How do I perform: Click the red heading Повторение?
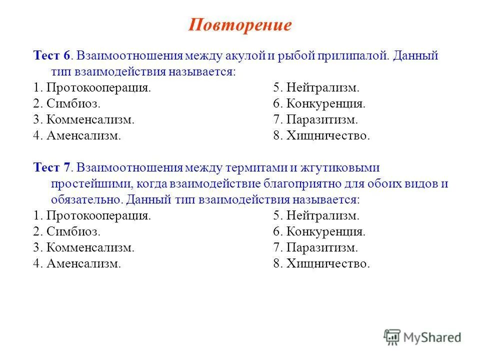[x=239, y=25]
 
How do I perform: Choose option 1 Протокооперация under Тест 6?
[x=92, y=88]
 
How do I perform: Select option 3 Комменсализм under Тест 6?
[x=84, y=120]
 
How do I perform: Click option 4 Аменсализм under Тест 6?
[x=77, y=136]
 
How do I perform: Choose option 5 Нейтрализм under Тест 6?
[x=316, y=88]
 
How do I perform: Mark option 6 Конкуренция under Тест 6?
[x=319, y=104]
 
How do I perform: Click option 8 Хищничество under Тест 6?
[x=321, y=136]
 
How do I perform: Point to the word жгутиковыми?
[x=348, y=167]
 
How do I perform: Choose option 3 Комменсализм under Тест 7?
[x=84, y=248]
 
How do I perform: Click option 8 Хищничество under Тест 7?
[x=321, y=264]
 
